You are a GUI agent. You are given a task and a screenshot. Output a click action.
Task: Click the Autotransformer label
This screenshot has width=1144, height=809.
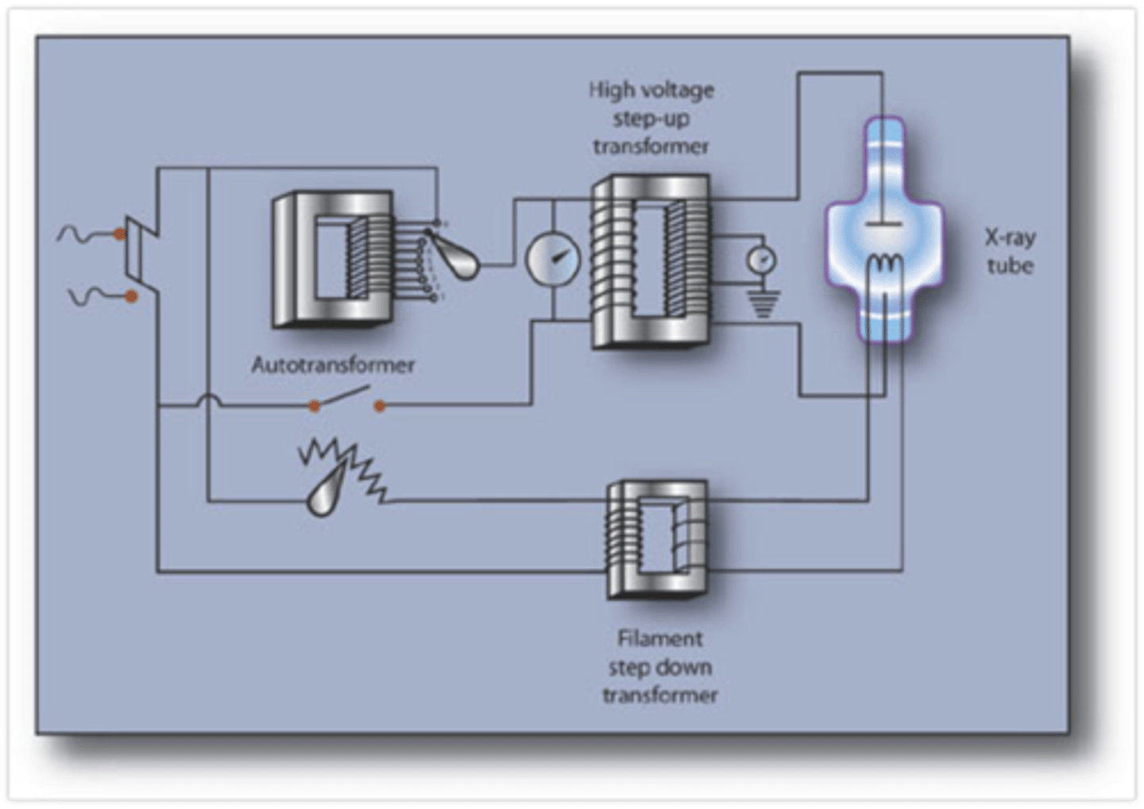tap(333, 365)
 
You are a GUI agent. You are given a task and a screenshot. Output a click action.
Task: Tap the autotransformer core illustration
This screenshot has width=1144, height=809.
tap(332, 258)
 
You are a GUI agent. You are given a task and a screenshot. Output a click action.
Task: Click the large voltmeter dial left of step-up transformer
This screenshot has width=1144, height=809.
tap(552, 260)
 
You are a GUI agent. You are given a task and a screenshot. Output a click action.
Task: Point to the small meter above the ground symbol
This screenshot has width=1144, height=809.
tap(760, 260)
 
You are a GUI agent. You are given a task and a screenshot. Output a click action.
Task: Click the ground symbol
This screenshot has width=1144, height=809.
tap(762, 303)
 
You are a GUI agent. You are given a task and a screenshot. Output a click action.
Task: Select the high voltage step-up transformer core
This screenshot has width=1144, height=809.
tap(650, 263)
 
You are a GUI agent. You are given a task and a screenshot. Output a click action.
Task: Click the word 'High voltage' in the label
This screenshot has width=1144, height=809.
tap(651, 91)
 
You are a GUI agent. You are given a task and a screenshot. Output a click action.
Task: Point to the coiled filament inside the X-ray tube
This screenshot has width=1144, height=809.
tap(881, 263)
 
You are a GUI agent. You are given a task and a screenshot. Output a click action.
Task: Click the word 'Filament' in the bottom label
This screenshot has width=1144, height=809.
tap(659, 638)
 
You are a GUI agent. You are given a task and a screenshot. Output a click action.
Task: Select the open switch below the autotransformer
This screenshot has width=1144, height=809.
tap(346, 399)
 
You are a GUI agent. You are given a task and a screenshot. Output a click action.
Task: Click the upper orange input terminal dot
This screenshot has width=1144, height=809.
tap(119, 234)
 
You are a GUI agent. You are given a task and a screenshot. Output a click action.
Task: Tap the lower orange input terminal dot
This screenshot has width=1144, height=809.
tap(131, 296)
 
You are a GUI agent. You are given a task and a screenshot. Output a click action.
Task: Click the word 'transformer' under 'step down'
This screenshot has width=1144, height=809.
tap(659, 695)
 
